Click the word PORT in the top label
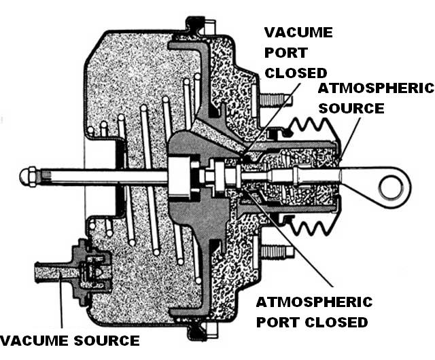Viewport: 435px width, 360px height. pos(287,52)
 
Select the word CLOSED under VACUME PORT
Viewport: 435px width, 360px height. pos(296,72)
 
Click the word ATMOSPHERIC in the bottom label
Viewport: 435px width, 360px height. pos(314,302)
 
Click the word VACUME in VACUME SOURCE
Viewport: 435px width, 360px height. pos(31,340)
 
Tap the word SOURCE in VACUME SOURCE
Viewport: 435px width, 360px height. pos(102,340)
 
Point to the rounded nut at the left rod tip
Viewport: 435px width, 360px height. pos(28,179)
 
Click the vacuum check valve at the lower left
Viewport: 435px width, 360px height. pos(84,264)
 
